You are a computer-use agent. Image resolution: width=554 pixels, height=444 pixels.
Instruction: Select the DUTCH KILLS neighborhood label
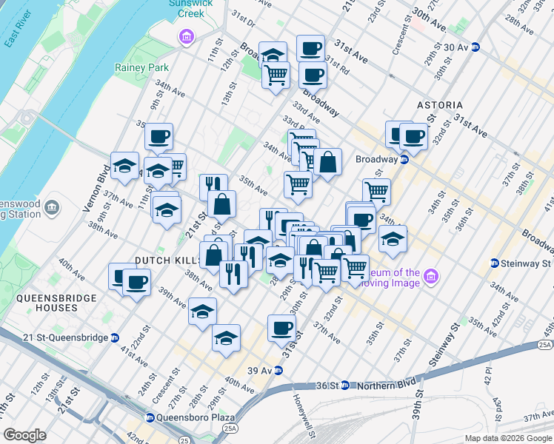167,260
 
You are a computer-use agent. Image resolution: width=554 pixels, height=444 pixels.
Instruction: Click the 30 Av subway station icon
477,46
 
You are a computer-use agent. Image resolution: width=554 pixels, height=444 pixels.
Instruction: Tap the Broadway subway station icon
404,159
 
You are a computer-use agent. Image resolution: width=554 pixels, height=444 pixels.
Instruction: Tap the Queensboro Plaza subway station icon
150,417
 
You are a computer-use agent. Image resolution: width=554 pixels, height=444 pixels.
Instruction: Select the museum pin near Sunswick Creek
185,36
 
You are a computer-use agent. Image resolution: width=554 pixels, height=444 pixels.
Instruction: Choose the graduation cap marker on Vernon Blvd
124,164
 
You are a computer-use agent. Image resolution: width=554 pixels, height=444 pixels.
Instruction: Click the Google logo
25,435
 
